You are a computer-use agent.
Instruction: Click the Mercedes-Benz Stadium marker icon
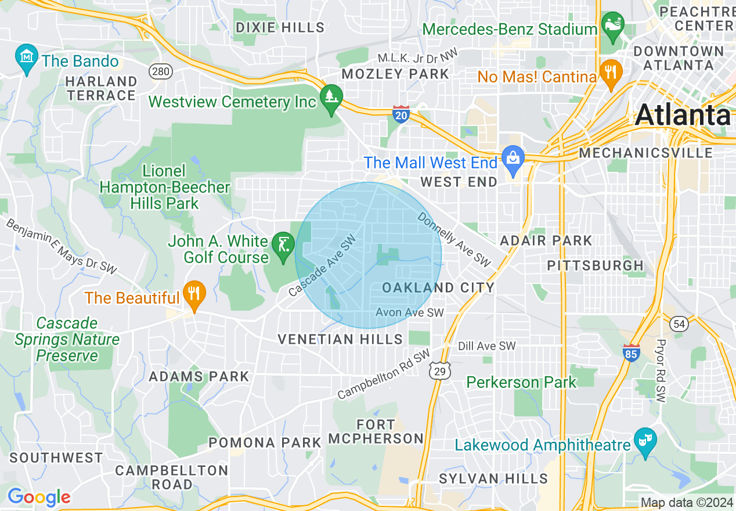[612, 26]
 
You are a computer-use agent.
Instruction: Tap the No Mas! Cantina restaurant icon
[610, 73]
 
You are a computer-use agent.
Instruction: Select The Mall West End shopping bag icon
[513, 158]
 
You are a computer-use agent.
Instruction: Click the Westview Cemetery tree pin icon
[331, 97]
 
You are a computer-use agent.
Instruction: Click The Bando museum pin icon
[27, 57]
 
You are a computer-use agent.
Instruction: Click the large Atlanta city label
[683, 116]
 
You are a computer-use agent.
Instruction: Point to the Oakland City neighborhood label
[438, 287]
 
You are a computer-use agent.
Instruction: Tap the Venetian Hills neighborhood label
[340, 339]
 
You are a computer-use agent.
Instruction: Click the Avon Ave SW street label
[409, 312]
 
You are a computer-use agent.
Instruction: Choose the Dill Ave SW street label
[486, 346]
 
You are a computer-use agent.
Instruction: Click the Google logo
[39, 497]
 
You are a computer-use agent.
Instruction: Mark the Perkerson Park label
[522, 382]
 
